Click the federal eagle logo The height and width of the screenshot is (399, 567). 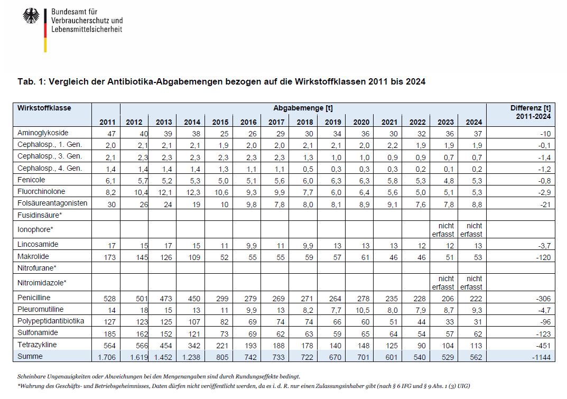pos(31,16)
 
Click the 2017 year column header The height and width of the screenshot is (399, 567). pos(276,123)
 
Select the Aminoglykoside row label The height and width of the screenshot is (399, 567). pos(43,133)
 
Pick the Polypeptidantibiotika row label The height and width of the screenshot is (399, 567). pos(51,321)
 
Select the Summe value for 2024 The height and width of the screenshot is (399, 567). pos(475,357)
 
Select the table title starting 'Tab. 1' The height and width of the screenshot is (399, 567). pos(221,82)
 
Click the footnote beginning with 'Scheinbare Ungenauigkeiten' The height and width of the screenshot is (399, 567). pos(159,376)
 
